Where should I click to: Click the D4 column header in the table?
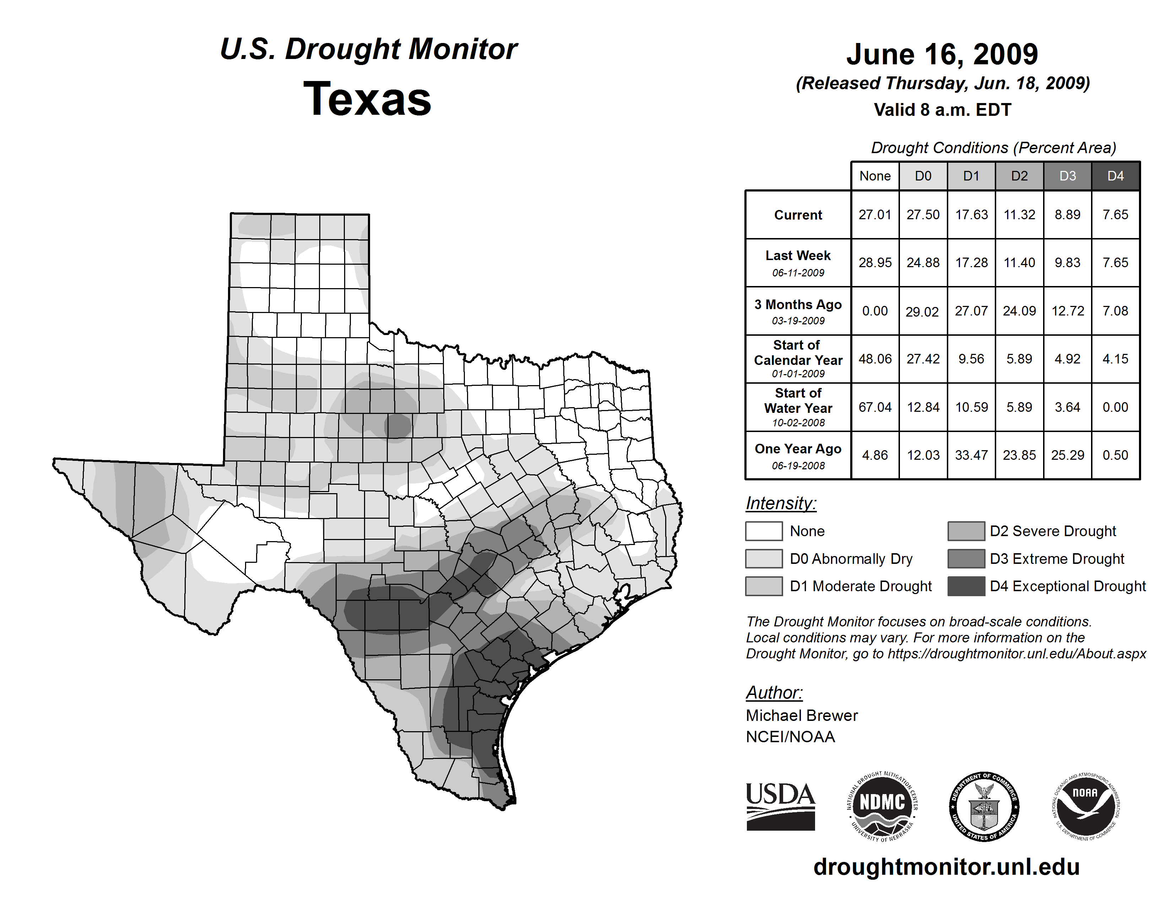1115,176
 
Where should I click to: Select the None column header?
875,176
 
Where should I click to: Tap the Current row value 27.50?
923,215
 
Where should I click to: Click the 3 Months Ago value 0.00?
875,311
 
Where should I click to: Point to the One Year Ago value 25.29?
1067,455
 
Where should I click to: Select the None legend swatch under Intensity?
764,531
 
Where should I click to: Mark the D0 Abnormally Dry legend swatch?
764,558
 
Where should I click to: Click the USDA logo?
780,806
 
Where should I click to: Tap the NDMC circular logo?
882,806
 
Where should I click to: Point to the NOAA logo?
1085,806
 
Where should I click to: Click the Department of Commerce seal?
984,806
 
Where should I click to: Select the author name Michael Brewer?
802,716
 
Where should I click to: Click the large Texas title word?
367,99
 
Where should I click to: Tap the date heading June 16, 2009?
942,54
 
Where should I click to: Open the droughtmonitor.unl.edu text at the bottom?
946,867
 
